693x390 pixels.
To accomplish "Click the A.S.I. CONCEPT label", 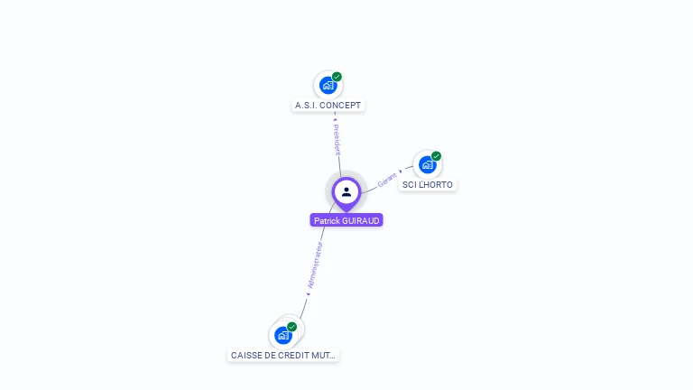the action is [328, 106].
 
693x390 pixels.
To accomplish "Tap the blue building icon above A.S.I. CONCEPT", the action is [328, 85].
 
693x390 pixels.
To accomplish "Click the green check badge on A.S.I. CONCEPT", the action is [337, 77].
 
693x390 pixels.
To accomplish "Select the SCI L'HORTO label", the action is [428, 185].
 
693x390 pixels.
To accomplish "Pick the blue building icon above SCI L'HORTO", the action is [427, 164].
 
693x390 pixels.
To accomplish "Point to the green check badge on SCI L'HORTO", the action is [436, 156].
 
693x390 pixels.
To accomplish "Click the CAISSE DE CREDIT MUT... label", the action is [283, 356].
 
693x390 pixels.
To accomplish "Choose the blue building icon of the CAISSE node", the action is [283, 335].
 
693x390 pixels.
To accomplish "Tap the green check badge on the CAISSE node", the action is [291, 327].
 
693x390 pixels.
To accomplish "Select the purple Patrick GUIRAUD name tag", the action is [346, 220].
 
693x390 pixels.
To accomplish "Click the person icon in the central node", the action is [346, 191].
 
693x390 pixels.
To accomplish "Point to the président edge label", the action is [337, 135].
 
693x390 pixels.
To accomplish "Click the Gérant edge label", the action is [387, 179].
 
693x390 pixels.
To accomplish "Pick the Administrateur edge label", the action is [315, 265].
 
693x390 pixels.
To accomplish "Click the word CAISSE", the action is [245, 356].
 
